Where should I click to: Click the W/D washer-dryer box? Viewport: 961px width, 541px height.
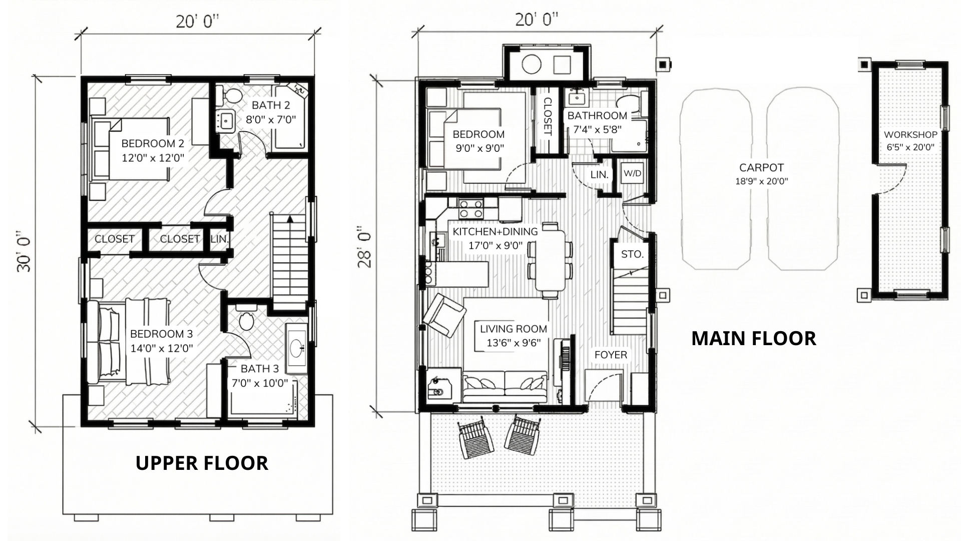[633, 174]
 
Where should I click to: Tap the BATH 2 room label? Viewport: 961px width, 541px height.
[271, 105]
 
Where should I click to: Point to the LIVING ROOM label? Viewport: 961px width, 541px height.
[514, 329]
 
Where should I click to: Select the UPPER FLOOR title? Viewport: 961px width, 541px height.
[202, 463]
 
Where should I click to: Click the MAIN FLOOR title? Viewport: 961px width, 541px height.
[754, 339]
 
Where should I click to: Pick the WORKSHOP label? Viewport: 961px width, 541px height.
[910, 135]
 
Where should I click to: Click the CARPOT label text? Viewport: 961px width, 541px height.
[761, 168]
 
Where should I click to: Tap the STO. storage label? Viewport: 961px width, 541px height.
[632, 254]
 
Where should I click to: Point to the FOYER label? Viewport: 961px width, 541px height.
[611, 355]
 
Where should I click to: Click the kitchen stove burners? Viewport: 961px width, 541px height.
[470, 209]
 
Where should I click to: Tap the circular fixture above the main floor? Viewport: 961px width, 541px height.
[531, 64]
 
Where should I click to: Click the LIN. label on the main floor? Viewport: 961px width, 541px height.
[599, 175]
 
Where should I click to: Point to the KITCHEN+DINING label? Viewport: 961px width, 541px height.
[495, 232]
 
